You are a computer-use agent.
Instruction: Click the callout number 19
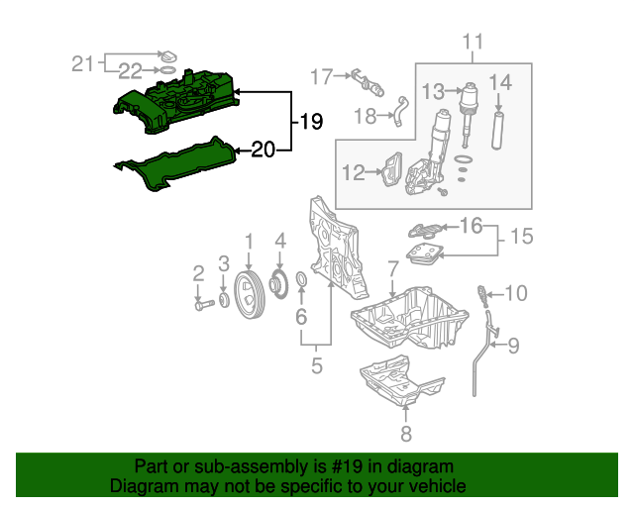point(311,122)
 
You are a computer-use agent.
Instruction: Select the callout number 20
point(264,151)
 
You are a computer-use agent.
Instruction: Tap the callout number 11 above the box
point(473,42)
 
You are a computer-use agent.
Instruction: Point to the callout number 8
point(405,434)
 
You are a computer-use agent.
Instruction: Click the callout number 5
point(316,366)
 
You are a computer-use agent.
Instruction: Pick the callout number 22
point(130,70)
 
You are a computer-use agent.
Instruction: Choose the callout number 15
point(522,238)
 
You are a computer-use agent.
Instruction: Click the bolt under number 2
point(201,305)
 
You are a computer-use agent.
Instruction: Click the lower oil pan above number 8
point(401,379)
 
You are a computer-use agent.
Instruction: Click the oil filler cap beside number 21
point(168,55)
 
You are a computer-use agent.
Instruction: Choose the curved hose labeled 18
point(400,111)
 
